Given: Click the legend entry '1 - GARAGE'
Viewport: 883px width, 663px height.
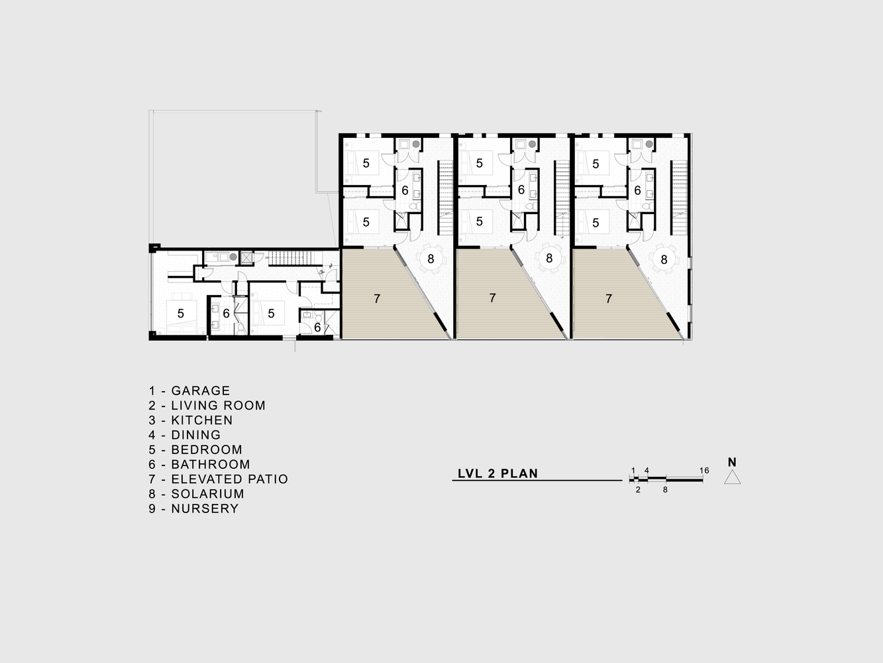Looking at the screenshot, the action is coord(189,391).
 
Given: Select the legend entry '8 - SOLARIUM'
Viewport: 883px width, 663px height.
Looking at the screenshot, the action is coord(196,494).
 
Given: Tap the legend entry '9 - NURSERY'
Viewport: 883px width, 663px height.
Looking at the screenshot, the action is coord(193,509).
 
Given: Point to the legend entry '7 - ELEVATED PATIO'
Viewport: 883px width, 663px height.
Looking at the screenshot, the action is coord(219,479).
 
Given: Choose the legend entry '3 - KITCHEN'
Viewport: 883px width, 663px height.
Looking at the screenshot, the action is coord(191,420).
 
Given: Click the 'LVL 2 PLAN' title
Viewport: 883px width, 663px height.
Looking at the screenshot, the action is coord(497,473).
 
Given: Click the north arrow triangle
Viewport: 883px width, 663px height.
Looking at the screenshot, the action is coord(732,477).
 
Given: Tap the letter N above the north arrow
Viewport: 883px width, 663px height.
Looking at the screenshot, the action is coord(732,462).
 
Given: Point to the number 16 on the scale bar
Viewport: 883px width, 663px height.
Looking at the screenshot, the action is coord(704,470).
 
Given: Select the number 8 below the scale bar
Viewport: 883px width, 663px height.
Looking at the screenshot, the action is coord(665,490).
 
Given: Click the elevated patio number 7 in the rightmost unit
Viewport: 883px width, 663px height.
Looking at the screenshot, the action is coord(609,298).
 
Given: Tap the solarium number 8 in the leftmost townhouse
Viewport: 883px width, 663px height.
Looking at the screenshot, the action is coord(431,259).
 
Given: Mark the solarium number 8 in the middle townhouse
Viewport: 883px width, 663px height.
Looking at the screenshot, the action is coord(549,258).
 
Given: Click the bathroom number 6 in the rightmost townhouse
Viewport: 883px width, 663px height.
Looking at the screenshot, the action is coord(637,190).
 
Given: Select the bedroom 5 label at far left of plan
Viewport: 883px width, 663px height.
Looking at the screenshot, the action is coord(181,313).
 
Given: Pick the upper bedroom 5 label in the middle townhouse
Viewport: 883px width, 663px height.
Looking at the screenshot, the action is coord(479,163).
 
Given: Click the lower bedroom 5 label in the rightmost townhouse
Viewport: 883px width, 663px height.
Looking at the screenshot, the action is coord(596,223).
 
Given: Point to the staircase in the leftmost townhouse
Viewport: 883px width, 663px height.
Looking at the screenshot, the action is coord(445,198).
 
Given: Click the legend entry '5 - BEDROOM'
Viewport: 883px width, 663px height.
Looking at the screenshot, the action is coord(195,450).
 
